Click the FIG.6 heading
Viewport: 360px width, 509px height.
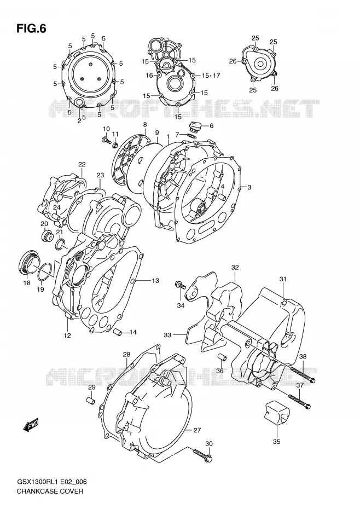point(31,29)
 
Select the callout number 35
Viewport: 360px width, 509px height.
point(277,442)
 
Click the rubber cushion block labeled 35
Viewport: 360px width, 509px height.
point(277,412)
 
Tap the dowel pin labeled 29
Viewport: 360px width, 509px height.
point(91,400)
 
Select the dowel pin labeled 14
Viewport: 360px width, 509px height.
point(118,333)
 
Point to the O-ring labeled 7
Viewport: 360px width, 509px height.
point(191,135)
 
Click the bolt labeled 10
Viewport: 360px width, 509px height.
point(106,140)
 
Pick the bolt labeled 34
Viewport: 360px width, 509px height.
point(180,285)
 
